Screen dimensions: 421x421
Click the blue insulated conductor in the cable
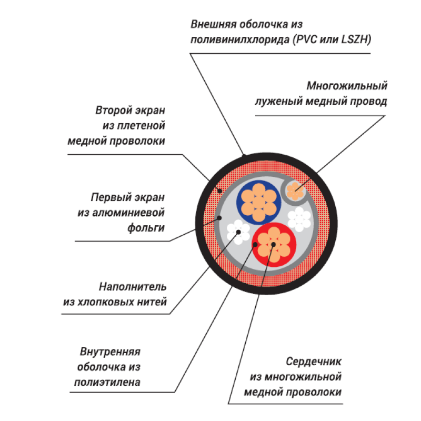pyautogui.click(x=257, y=201)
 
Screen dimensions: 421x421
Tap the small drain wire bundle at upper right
pyautogui.click(x=295, y=190)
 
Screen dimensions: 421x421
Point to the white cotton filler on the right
pyautogui.click(x=299, y=218)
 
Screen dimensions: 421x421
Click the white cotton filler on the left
pyautogui.click(x=237, y=232)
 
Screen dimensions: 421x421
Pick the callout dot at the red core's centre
pyautogui.click(x=274, y=245)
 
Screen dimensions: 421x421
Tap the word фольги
pyautogui.click(x=148, y=228)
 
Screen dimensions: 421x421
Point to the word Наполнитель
pyautogui.click(x=133, y=287)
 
